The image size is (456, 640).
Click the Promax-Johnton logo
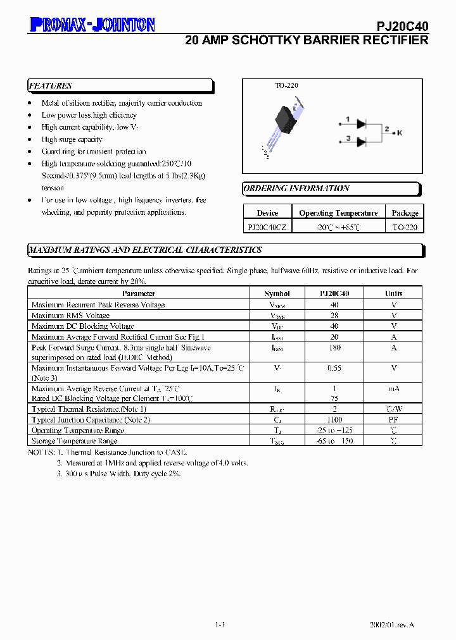[92, 24]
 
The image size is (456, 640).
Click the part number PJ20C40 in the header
[403, 26]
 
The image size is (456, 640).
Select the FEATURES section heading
[51, 86]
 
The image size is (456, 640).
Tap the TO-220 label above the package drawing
[286, 85]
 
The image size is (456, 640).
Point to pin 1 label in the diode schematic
[348, 119]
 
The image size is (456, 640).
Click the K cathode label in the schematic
[400, 132]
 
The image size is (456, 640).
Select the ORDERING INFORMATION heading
[296, 188]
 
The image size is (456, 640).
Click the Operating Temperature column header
[338, 213]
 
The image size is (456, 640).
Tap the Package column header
[405, 213]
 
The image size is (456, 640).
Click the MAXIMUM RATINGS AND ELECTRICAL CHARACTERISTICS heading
[145, 250]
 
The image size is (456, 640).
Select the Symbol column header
[277, 293]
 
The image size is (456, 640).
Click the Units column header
[393, 293]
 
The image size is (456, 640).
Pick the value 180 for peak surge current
[334, 347]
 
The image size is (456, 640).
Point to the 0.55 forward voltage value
[334, 367]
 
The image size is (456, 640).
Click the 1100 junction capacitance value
[334, 419]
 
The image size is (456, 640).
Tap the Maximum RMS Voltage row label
[70, 315]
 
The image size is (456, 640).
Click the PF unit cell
[393, 419]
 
